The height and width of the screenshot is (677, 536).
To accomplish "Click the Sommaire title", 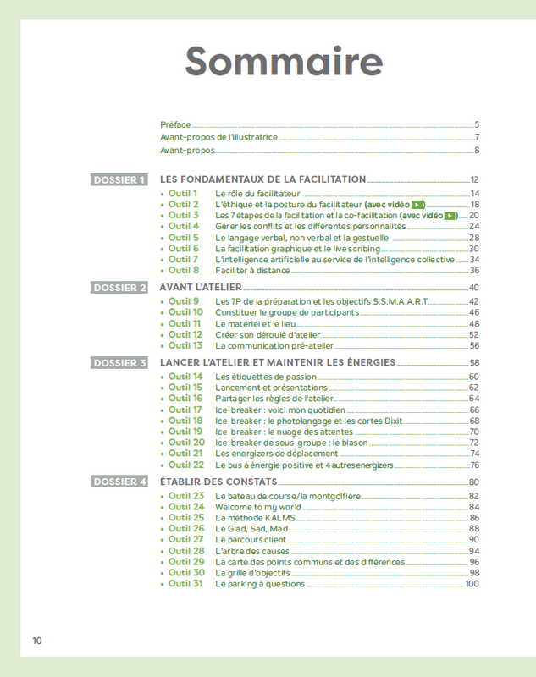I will tap(284, 62).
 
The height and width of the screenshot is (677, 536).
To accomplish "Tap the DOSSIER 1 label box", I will tap(119, 179).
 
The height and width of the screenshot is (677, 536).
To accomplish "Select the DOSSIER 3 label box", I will tap(119, 363).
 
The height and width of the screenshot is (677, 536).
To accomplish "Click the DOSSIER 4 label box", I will tap(119, 482).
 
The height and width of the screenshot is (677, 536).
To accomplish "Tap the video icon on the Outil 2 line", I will tap(417, 205).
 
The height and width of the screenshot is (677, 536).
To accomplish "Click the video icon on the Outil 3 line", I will tap(450, 216).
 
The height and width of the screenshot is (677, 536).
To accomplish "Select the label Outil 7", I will tap(183, 260).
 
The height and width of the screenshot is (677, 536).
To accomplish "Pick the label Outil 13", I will tap(185, 345).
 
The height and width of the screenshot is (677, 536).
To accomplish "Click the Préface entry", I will tap(175, 124).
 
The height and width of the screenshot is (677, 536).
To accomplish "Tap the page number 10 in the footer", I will tap(37, 641).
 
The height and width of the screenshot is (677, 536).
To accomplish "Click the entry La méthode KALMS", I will tap(246, 518).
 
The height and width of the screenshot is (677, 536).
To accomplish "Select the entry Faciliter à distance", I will tap(252, 271).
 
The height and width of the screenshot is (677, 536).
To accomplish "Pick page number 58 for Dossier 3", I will tap(474, 363).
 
